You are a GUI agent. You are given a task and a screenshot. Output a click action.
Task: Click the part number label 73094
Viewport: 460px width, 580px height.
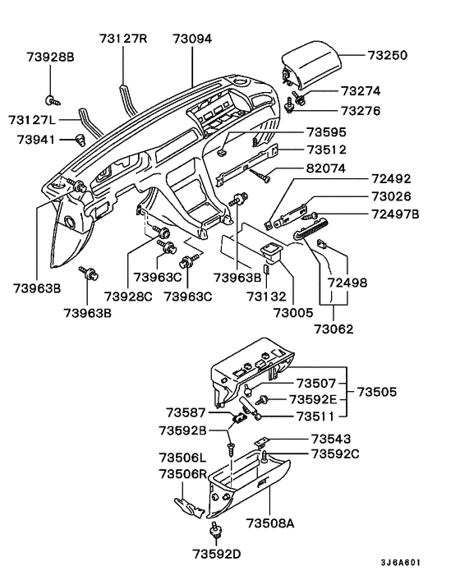[192, 39]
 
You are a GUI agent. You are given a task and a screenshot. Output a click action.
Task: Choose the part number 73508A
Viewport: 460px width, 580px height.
[269, 522]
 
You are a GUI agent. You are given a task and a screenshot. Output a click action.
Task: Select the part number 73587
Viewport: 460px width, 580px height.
[188, 412]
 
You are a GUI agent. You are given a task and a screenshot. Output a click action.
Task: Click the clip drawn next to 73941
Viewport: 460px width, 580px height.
[80, 138]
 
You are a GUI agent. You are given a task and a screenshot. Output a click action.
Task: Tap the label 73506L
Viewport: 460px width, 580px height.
[182, 457]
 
